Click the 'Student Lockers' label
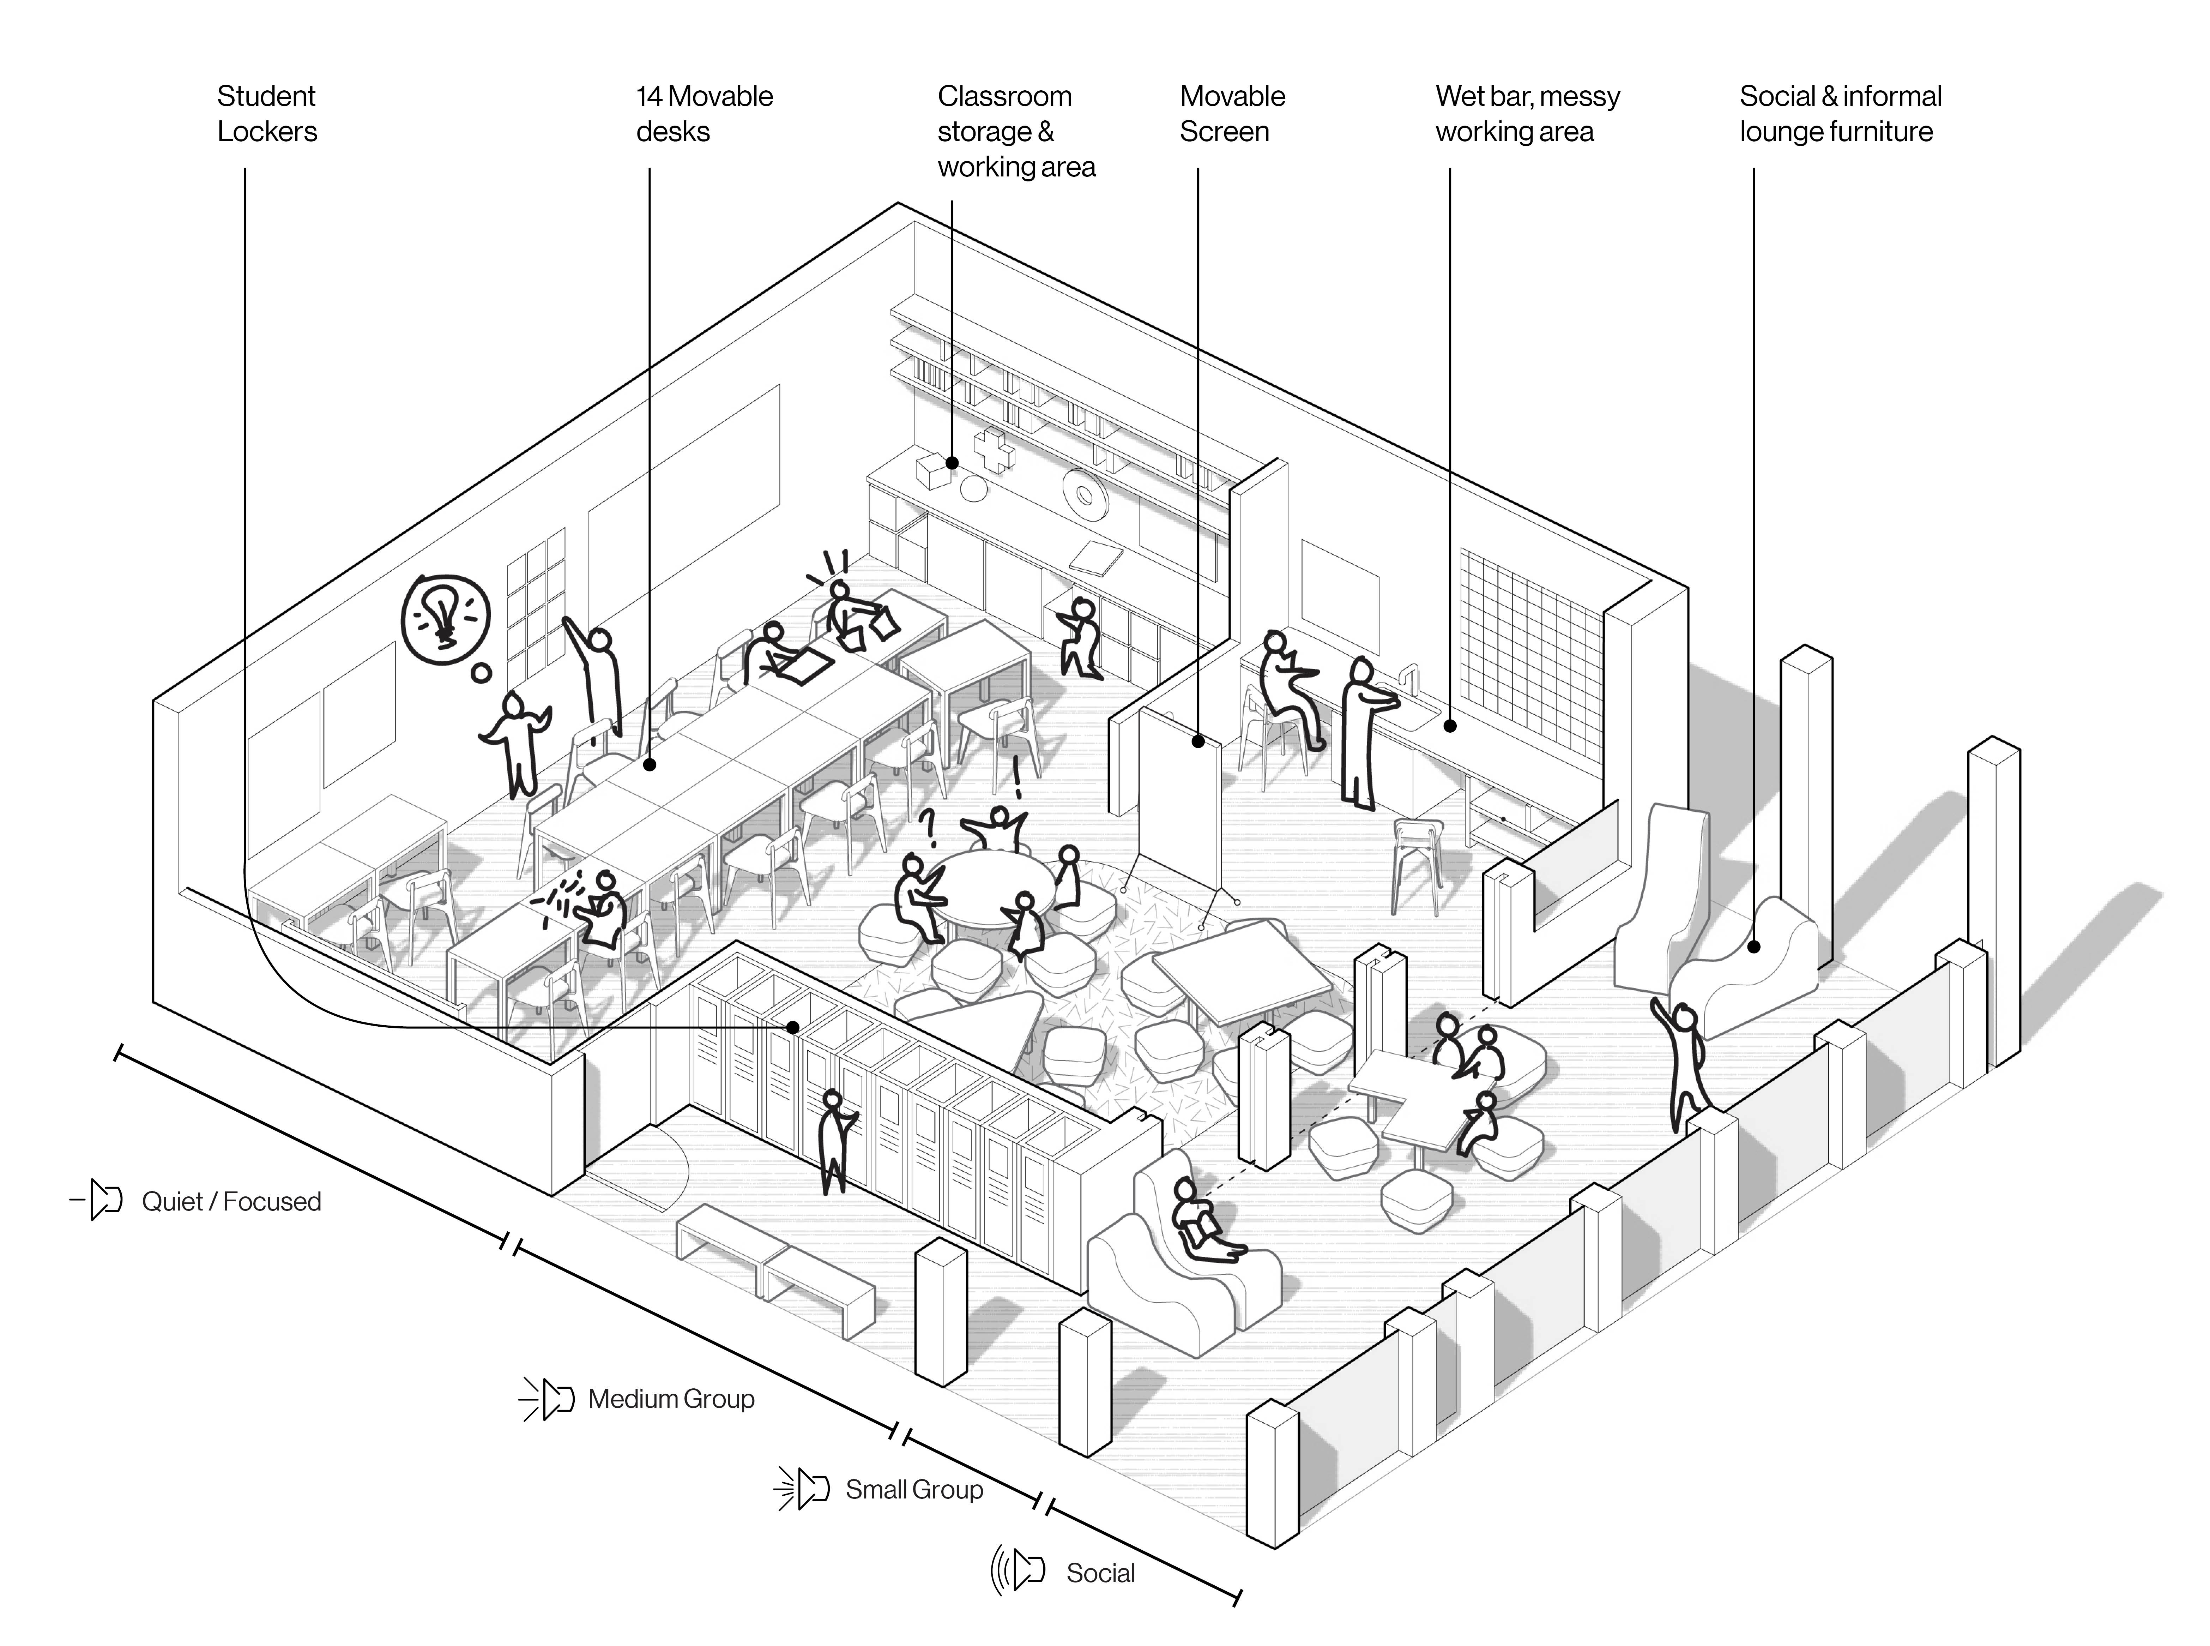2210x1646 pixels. pyautogui.click(x=267, y=114)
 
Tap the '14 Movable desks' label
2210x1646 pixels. pyautogui.click(x=704, y=114)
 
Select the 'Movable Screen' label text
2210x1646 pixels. pyautogui.click(x=1232, y=114)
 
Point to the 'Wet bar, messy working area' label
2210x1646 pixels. pyautogui.click(x=1527, y=114)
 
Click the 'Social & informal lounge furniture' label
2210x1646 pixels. pyautogui.click(x=1840, y=114)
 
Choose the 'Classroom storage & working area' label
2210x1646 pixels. pyautogui.click(x=1016, y=132)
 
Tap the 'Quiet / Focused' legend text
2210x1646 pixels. pyautogui.click(x=231, y=1202)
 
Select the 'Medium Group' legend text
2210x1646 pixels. pyautogui.click(x=670, y=1399)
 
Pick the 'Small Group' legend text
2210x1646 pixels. pyautogui.click(x=913, y=1490)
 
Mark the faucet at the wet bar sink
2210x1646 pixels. pyautogui.click(x=1409, y=683)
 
